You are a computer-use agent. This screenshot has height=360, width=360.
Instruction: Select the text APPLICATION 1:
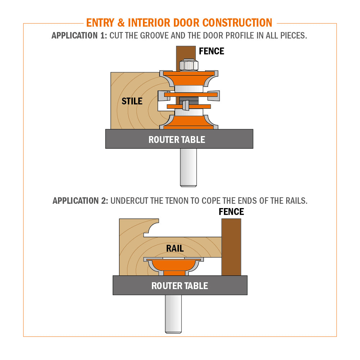click(x=79, y=36)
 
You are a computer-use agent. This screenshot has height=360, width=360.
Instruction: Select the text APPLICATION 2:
click(x=80, y=201)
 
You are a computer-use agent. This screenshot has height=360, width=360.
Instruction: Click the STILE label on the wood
click(x=132, y=101)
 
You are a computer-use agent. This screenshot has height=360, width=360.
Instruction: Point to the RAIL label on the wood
click(x=175, y=248)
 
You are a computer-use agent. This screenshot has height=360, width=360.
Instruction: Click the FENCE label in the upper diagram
click(x=212, y=51)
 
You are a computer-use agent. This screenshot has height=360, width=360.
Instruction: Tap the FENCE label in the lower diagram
click(x=231, y=211)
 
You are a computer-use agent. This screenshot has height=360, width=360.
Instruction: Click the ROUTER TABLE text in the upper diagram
click(x=177, y=140)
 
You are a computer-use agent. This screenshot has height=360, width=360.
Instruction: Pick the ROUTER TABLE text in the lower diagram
click(x=180, y=286)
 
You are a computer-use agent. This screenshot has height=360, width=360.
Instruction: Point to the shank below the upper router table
click(x=188, y=167)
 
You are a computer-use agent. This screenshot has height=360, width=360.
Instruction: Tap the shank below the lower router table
click(x=173, y=313)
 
